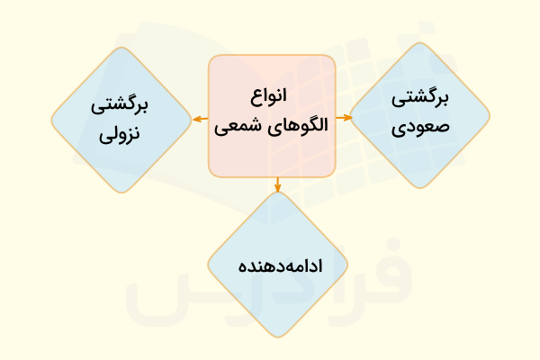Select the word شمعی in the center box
point(245,124)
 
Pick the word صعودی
point(420,124)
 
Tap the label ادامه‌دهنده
point(278,267)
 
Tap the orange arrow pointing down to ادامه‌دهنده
point(278,184)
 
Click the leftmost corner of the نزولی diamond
point(51,119)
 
